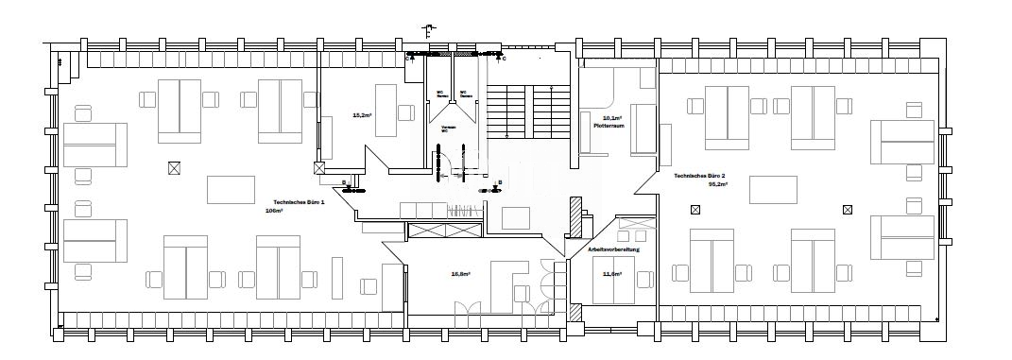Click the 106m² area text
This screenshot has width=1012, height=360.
(x=274, y=212)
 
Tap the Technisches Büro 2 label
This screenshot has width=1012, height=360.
(x=701, y=177)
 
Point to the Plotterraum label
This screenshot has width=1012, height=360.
(x=606, y=126)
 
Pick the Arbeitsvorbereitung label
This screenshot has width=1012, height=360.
(x=615, y=249)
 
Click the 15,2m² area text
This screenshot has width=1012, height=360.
(x=360, y=115)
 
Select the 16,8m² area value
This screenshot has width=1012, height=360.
(x=460, y=274)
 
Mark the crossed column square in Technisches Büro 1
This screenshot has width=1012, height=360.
(x=173, y=167)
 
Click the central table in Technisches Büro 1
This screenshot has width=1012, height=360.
(x=231, y=190)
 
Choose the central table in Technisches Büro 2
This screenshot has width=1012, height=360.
(x=774, y=190)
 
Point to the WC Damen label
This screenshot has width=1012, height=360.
(x=465, y=94)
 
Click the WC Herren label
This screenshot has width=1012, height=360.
(x=440, y=94)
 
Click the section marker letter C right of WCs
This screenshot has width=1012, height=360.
(x=505, y=60)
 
